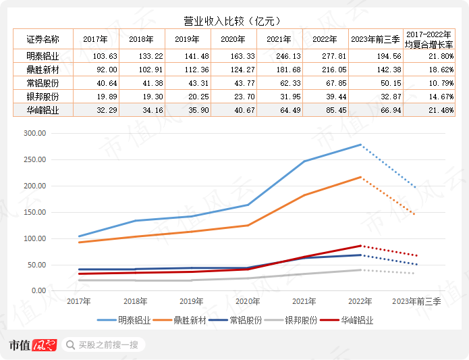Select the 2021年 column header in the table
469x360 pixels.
(280, 40)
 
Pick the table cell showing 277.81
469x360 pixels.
(325, 55)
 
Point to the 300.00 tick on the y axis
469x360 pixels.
(33, 133)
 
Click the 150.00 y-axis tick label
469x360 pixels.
(33, 212)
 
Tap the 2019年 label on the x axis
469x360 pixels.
(187, 302)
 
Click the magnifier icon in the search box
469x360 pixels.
(70, 345)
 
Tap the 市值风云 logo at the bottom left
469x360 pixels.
(32, 345)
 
